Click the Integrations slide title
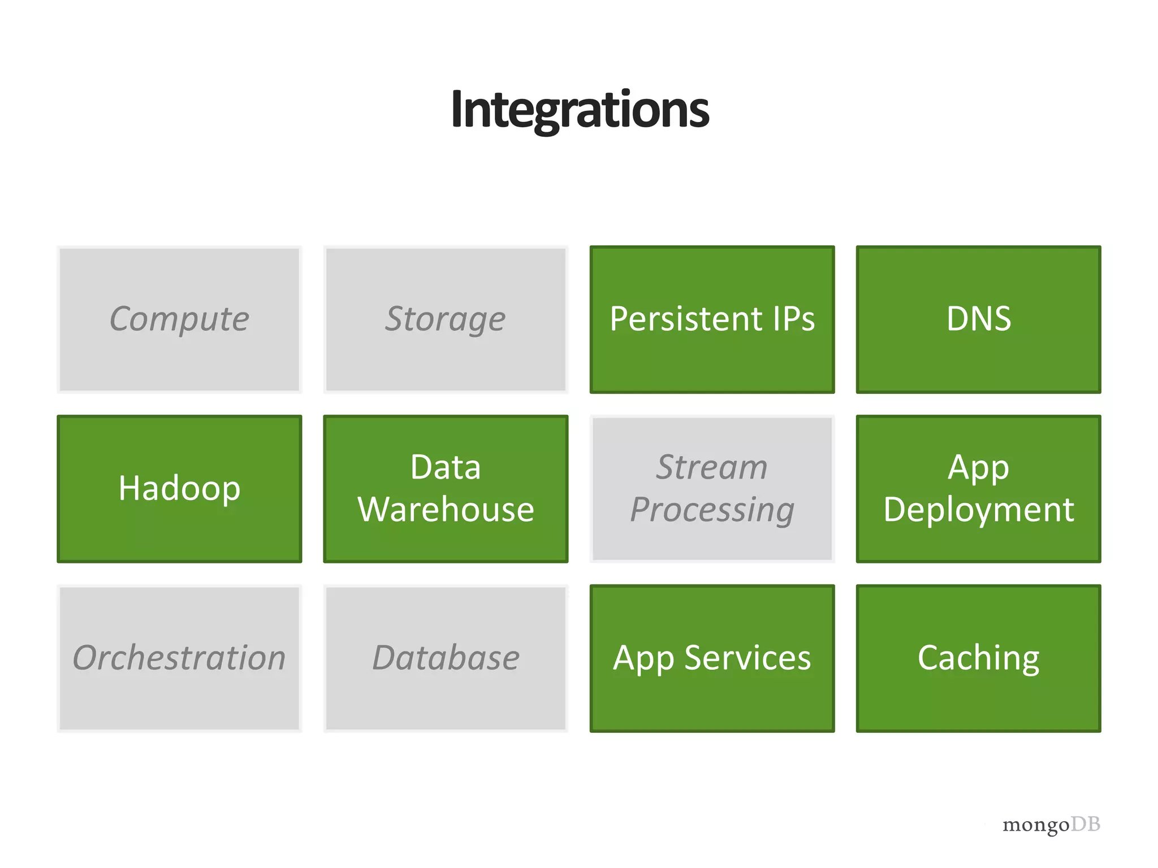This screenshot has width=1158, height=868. [x=580, y=110]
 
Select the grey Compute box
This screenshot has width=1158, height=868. [x=179, y=319]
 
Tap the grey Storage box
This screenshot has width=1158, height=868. [x=446, y=319]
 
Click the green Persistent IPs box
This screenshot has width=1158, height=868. [x=712, y=319]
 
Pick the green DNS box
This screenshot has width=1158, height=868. [x=978, y=319]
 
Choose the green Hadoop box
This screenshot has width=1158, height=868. [x=179, y=489]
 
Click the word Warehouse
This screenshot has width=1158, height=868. [x=446, y=510]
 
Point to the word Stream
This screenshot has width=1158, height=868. [x=711, y=468]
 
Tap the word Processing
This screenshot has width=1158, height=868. [x=712, y=510]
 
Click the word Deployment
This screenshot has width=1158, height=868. [x=978, y=510]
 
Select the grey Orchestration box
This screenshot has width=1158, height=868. [x=179, y=658]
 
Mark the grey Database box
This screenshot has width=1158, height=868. [x=446, y=658]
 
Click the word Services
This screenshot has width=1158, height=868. [x=747, y=658]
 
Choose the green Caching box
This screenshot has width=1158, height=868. [x=978, y=658]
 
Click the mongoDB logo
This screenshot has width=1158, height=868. [x=1051, y=825]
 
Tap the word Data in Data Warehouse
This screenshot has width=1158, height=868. [x=446, y=468]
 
